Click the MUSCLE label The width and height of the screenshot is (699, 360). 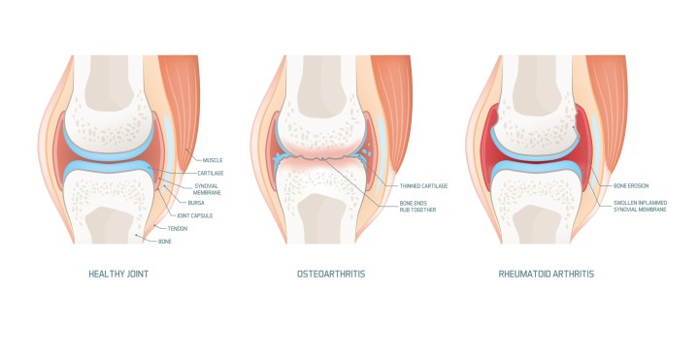click(214, 159)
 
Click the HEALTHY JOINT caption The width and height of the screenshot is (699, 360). click(121, 274)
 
